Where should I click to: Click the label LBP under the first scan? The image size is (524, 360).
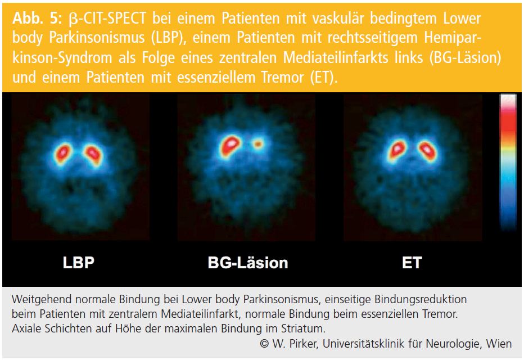(x=79, y=263)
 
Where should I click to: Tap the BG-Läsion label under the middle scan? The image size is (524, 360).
(x=248, y=263)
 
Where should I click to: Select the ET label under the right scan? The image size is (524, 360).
(x=412, y=263)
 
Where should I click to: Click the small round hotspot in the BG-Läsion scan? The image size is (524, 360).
(x=258, y=144)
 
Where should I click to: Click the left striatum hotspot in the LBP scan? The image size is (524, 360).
(x=62, y=153)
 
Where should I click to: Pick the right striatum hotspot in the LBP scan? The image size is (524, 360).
(x=93, y=155)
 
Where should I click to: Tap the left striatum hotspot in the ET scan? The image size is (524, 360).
(x=397, y=150)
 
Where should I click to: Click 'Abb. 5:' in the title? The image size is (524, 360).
(x=37, y=19)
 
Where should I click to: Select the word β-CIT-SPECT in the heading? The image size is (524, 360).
(x=107, y=19)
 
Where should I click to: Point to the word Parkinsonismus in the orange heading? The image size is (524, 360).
(x=97, y=38)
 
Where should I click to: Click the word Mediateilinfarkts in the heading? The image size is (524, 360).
(x=336, y=57)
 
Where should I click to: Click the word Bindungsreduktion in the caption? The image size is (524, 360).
(x=421, y=299)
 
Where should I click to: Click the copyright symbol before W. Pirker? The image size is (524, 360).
(x=264, y=344)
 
